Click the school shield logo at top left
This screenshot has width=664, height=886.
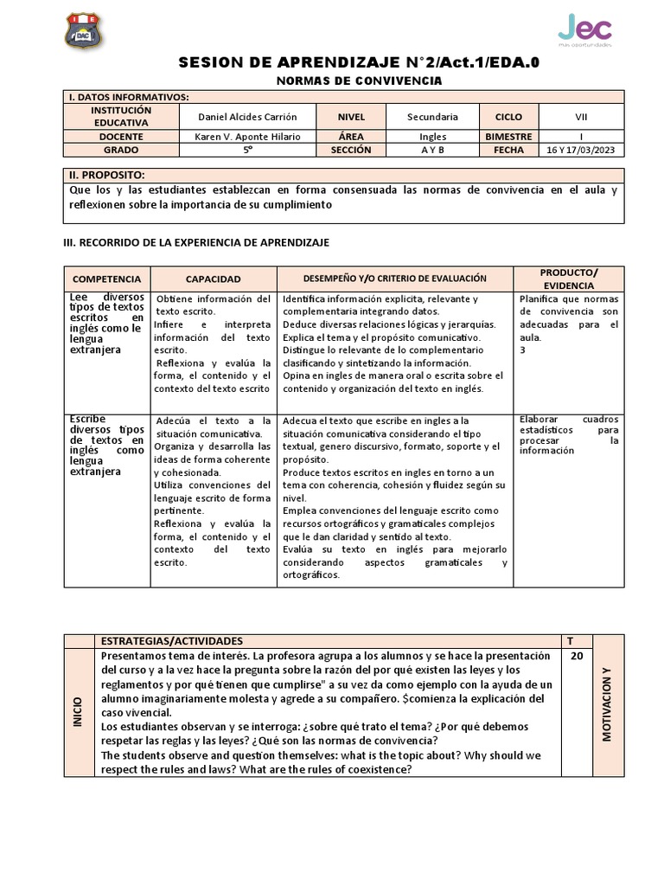coord(84,32)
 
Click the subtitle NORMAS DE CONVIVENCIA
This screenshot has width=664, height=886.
coord(358,80)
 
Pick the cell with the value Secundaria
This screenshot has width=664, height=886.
coord(432,117)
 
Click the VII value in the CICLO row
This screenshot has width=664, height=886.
coord(581,117)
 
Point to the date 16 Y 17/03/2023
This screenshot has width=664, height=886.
coord(581,150)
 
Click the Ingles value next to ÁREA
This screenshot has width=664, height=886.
coord(432,137)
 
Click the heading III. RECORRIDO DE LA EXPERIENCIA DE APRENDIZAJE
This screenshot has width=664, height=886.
coord(197,242)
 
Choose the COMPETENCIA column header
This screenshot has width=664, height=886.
coord(106,279)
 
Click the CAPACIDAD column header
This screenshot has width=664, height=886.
coord(213,279)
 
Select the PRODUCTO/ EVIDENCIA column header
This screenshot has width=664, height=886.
coord(568,279)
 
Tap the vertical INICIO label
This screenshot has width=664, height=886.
coord(78,711)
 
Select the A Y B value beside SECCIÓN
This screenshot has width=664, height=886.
coord(432,150)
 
